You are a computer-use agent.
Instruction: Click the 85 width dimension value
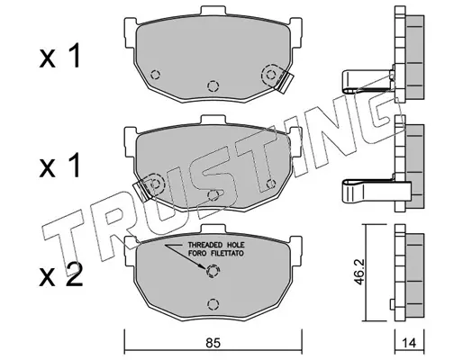[x=213, y=343]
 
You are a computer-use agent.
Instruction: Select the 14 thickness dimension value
[x=409, y=343]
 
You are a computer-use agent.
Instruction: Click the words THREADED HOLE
[x=216, y=245]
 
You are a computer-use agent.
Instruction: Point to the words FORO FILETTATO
[x=216, y=254]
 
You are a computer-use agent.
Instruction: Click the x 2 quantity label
[x=61, y=274]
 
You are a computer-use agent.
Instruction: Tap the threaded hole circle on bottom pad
[x=213, y=271]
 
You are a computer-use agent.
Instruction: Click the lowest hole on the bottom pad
[x=213, y=304]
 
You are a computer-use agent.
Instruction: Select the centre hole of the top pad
[x=213, y=85]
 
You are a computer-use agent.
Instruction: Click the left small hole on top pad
[x=155, y=74]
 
